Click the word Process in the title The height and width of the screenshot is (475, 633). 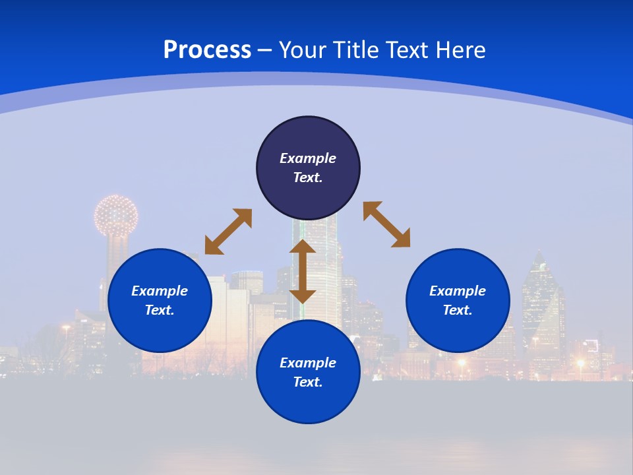[x=207, y=50]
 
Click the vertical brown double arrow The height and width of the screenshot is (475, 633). [x=303, y=271]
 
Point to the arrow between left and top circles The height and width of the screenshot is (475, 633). [x=228, y=232]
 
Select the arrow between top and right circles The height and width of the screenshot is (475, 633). [x=386, y=224]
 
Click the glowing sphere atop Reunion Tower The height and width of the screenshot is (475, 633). [x=116, y=215]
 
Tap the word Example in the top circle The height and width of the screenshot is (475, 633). [x=308, y=158]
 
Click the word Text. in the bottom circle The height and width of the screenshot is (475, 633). [x=308, y=382]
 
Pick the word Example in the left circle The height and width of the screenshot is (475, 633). [x=160, y=291]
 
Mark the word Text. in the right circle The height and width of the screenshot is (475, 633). [x=458, y=310]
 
